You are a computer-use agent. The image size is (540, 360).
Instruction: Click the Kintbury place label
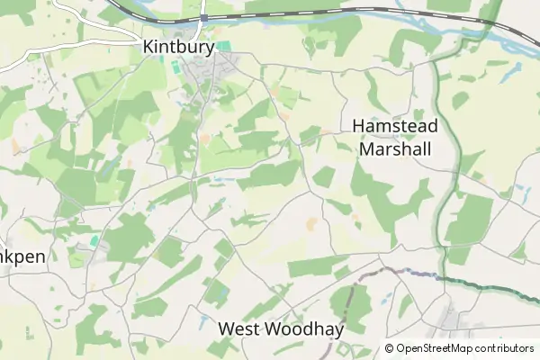click(x=176, y=44)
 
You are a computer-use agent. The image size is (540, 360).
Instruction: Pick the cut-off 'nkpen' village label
click(x=22, y=255)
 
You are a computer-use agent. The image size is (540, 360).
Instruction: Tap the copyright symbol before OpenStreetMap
click(x=390, y=348)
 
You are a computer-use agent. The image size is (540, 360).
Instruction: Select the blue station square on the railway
click(x=204, y=17)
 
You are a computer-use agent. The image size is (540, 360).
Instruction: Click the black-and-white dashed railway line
click(x=360, y=11)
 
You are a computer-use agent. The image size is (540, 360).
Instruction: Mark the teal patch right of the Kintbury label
click(x=223, y=46)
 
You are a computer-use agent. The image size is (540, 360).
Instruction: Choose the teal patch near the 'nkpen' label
click(x=94, y=241)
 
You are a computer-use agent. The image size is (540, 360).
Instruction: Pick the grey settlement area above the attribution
click(x=450, y=319)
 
